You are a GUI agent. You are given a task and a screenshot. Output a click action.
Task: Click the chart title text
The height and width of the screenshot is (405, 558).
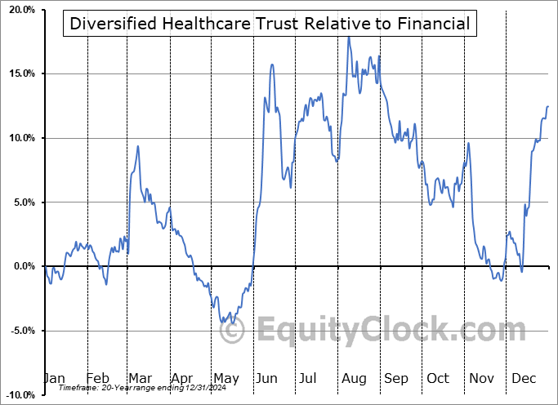270,24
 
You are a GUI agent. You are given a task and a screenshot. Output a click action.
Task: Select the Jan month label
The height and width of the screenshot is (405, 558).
54,379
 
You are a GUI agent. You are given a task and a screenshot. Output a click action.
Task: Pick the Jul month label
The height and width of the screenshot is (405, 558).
308,379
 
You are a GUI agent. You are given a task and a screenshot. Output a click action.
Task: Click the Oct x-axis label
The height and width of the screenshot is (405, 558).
437,379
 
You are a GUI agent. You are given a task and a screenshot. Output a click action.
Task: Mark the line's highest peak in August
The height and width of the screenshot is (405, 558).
349,37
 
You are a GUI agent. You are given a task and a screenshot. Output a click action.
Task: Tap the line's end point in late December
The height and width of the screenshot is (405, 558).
548,106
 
